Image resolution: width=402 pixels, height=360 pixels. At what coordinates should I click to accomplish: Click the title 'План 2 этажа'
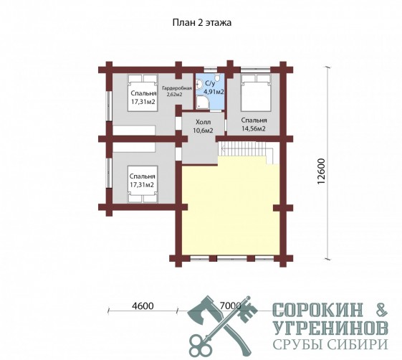[x=202, y=22]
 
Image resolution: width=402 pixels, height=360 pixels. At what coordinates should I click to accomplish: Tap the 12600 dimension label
[x=321, y=171]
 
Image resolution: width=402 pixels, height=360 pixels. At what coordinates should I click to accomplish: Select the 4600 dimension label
[x=143, y=306]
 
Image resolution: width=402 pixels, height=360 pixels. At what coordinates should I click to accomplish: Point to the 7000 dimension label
[x=231, y=306]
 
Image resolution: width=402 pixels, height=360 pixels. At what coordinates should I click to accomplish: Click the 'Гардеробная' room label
[x=177, y=88]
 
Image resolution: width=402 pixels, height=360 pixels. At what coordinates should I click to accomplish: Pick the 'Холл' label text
[x=203, y=122]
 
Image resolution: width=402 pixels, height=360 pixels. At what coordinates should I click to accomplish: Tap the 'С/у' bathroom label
[x=210, y=83]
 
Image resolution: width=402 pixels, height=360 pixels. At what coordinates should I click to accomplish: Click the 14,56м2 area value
[x=254, y=129]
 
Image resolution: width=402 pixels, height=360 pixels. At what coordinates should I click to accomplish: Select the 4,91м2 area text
[x=214, y=92]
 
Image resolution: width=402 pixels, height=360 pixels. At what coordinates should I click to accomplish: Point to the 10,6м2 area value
[x=203, y=131]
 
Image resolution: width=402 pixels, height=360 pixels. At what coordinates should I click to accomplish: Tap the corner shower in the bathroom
[x=203, y=103]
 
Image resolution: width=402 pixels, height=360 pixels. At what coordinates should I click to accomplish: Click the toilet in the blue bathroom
[x=217, y=77]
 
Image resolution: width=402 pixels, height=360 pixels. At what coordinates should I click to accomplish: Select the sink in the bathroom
[x=198, y=83]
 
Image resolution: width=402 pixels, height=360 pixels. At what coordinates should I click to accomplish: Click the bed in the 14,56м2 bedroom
[x=256, y=93]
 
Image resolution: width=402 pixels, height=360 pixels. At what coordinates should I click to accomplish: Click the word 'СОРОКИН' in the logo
[x=318, y=310]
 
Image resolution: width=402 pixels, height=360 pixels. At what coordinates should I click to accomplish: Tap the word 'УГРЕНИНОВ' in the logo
[x=331, y=328]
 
